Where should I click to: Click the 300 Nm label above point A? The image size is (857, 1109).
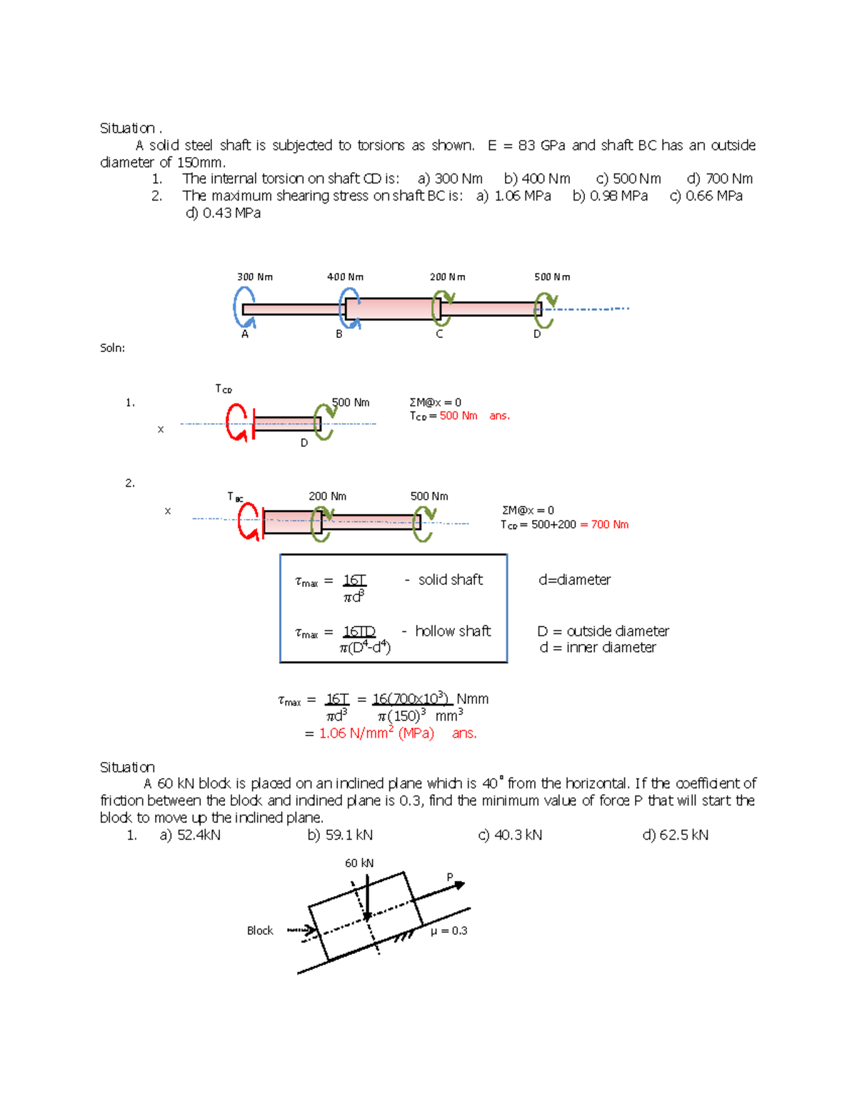255,277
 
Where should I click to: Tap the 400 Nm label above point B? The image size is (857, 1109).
345,277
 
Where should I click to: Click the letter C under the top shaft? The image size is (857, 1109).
439,334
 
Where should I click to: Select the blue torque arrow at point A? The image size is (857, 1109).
244,306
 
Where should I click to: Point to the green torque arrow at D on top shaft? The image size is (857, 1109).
545,311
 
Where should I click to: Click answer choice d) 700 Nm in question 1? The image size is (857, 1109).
720,179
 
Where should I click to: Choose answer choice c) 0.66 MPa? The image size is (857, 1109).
706,196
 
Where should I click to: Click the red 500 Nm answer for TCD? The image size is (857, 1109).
458,416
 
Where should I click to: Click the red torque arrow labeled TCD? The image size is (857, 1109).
237,422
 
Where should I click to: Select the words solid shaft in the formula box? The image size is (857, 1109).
450,580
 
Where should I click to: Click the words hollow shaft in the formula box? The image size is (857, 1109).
453,631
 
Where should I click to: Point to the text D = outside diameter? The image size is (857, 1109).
603,631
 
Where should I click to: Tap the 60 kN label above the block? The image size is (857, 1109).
359,863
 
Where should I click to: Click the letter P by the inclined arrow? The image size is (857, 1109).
450,877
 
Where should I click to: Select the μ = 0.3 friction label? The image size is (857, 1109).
449,931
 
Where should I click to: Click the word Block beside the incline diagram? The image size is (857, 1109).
260,931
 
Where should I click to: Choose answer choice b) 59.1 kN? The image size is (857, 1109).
340,835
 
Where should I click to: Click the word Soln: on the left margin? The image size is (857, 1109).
113,348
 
